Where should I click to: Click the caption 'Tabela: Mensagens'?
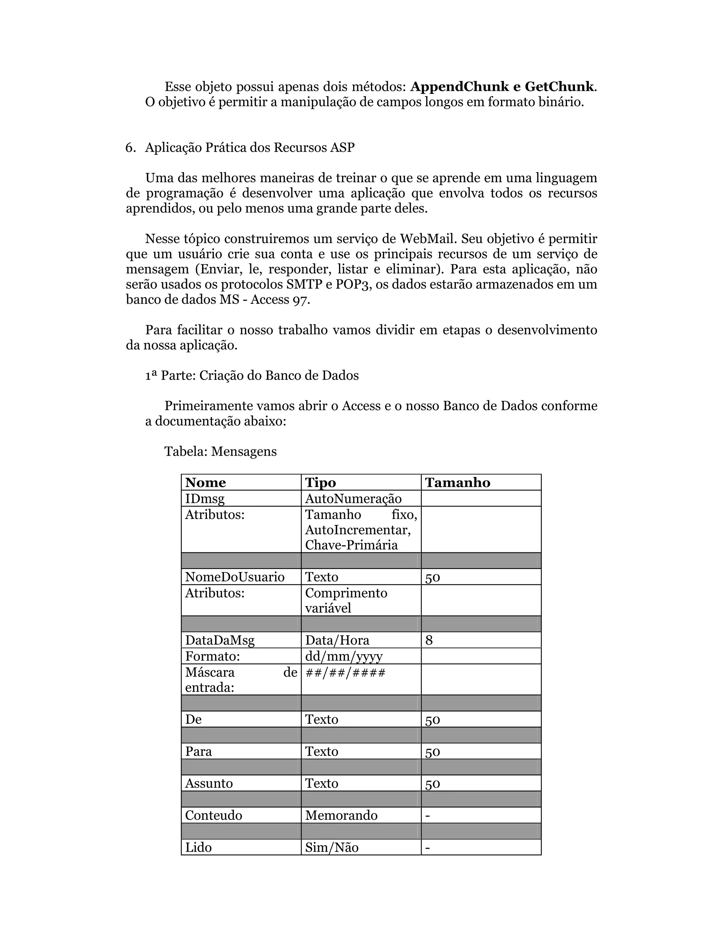coord(221,451)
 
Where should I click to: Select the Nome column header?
coord(205,482)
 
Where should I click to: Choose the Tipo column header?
coord(321,482)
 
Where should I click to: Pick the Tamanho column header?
coord(458,482)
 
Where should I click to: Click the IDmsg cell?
coord(205,499)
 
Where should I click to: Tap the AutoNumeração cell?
coord(353,499)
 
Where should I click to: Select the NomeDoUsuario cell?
coord(235,577)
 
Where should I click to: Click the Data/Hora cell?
coord(337,640)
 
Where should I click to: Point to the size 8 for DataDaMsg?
coord(429,640)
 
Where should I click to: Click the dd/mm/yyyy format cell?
coord(343,657)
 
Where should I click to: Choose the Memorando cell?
coord(341,815)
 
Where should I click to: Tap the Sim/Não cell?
coord(331,847)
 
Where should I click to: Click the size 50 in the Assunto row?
coord(432,783)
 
